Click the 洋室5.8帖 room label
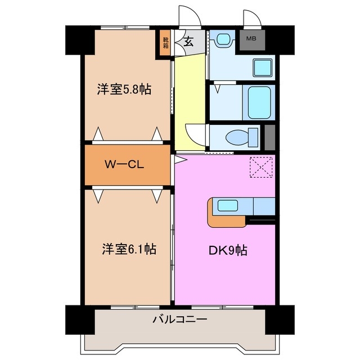(124, 89)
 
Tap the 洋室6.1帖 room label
(129, 248)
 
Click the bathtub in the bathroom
(259, 102)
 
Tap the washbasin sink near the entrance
(225, 39)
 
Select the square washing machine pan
(262, 67)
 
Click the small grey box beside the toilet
(269, 137)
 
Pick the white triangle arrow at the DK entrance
(179, 160)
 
